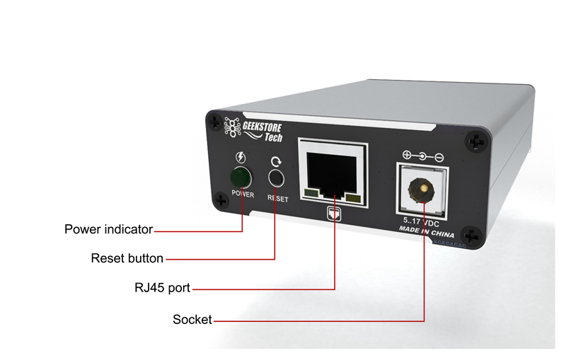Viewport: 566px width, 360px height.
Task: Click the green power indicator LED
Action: point(241,177)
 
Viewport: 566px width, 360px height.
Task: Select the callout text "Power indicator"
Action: point(108,229)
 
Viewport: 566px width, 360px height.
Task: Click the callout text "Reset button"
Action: point(127,258)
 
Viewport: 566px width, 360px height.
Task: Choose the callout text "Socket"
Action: point(192,320)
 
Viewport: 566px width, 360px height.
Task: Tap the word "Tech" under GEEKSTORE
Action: point(273,137)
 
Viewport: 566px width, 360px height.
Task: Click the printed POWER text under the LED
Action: point(241,194)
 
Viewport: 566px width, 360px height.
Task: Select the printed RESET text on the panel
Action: point(277,198)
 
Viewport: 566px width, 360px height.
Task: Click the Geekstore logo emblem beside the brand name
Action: point(231,126)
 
